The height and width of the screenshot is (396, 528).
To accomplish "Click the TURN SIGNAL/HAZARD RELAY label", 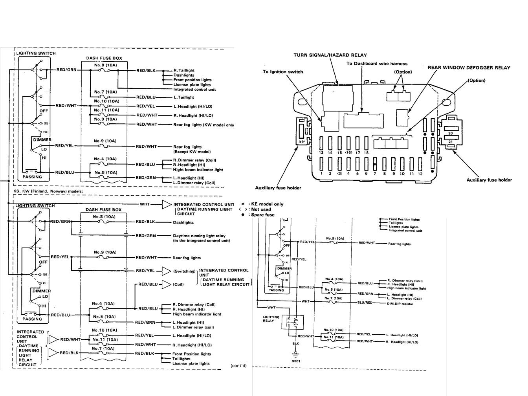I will (330, 55).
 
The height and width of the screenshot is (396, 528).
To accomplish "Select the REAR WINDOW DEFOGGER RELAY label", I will (469, 68).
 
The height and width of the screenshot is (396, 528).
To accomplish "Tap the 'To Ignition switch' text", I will (283, 72).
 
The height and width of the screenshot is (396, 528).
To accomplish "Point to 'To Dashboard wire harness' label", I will (377, 64).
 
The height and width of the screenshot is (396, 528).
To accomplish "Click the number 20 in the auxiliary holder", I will (451, 134).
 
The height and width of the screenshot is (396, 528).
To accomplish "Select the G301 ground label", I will (296, 361).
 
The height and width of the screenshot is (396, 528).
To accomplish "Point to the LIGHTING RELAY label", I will (271, 319).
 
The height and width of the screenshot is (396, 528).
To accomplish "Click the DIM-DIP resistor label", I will (400, 304).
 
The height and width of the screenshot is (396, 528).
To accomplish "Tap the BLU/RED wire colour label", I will (365, 302).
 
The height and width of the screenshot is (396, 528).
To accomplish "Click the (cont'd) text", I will (238, 366).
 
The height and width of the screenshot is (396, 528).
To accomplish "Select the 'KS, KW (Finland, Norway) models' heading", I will (48, 191).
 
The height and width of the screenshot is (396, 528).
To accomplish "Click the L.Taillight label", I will (183, 97).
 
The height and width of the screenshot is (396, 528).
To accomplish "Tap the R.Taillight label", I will (184, 71).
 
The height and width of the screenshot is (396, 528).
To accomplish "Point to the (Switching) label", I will (184, 271).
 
